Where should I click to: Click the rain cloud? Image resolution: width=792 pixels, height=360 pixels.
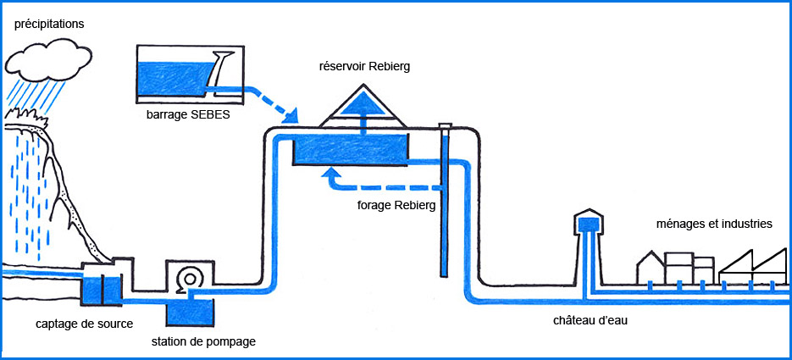click(x=48, y=59)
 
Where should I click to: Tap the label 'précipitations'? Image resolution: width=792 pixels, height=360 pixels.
click(x=49, y=24)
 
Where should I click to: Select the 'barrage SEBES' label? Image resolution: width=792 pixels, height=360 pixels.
click(x=188, y=114)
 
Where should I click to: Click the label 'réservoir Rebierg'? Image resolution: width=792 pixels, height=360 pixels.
click(x=364, y=67)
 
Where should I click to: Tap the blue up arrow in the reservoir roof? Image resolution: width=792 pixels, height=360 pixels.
click(x=363, y=111)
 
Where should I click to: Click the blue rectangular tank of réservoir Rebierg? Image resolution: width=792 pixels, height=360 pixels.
click(x=350, y=150)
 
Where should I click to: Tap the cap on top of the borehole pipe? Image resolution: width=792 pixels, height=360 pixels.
click(x=445, y=125)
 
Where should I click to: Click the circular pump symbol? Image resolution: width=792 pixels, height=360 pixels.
click(x=191, y=278)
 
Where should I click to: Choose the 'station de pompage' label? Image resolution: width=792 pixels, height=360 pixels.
click(x=203, y=342)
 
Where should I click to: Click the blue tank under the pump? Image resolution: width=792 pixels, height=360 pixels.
click(x=190, y=313)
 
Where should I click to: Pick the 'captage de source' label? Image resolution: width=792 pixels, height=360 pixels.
click(x=85, y=324)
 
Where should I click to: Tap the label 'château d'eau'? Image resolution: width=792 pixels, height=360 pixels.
click(x=590, y=321)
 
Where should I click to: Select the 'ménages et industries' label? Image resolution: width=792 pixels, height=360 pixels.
click(x=714, y=224)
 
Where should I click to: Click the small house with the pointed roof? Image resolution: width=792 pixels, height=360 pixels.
click(x=651, y=269)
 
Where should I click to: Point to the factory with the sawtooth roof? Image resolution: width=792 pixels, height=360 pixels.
click(x=752, y=268)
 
